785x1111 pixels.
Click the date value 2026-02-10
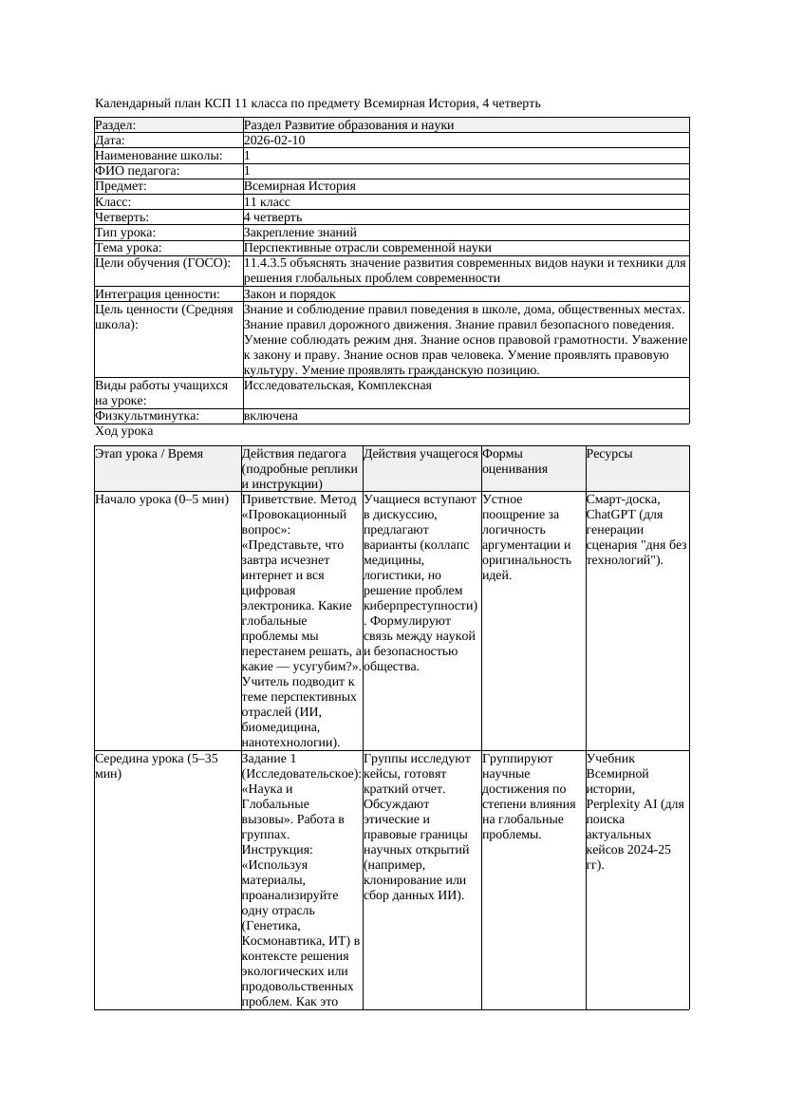(274, 141)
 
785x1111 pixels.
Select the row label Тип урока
(125, 233)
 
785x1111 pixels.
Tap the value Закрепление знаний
(300, 233)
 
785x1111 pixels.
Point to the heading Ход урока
(124, 431)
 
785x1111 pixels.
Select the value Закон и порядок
(290, 294)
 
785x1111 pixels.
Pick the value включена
(271, 416)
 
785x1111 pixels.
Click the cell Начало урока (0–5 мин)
(162, 499)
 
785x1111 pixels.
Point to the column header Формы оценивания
(508, 461)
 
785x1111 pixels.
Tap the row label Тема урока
(128, 248)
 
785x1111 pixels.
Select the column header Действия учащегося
(421, 454)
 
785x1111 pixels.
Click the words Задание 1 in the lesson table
(270, 759)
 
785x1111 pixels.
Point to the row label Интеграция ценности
(158, 294)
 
